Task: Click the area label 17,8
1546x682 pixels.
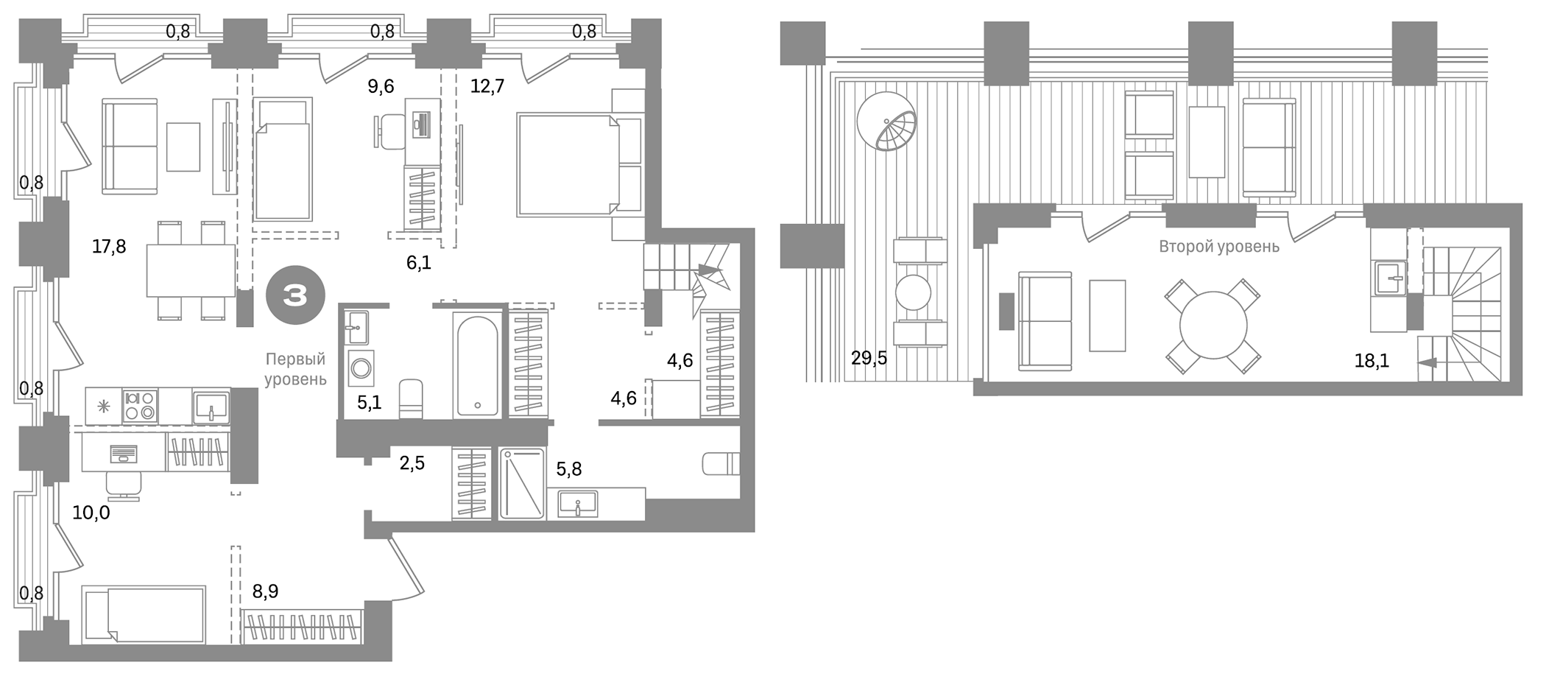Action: coord(109,247)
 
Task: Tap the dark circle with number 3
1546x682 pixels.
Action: coord(295,296)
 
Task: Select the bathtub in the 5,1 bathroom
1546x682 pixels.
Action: coord(477,366)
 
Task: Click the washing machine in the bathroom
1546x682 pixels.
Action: coord(361,368)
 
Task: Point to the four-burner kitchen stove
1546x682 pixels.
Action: coord(140,406)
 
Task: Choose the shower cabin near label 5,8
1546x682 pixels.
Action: coord(522,483)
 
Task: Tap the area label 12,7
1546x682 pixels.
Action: coord(487,87)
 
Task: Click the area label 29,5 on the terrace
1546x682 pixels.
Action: coord(869,359)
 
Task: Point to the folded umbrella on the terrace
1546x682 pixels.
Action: coord(887,122)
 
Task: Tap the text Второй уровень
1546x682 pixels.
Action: coord(1219,247)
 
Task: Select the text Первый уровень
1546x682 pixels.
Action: coord(295,369)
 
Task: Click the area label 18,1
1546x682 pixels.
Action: coord(1372,361)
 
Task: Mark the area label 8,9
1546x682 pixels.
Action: coord(265,591)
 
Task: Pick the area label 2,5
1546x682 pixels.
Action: coord(412,463)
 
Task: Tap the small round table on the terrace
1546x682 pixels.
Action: coord(913,292)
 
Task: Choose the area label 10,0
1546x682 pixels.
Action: coord(91,513)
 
